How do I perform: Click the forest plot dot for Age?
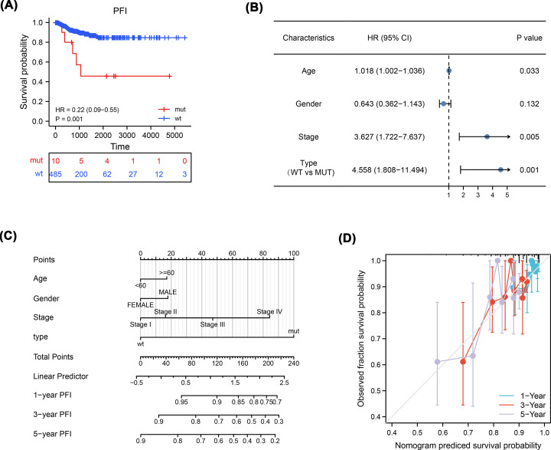[448, 71]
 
